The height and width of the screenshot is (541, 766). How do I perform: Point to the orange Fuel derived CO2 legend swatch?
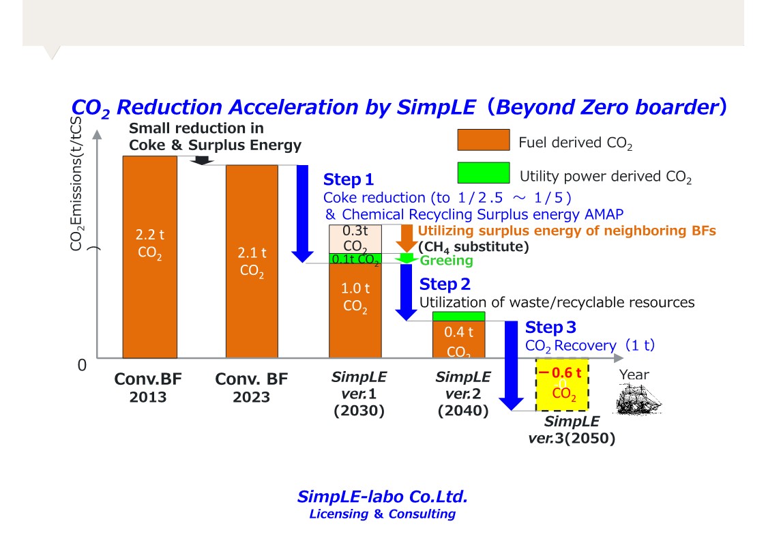pyautogui.click(x=483, y=140)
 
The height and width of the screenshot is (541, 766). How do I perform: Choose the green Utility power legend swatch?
pyautogui.click(x=483, y=173)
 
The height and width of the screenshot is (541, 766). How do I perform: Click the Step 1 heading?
pyautogui.click(x=349, y=179)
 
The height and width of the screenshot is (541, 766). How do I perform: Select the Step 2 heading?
pyautogui.click(x=445, y=284)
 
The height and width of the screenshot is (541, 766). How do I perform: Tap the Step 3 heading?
pyautogui.click(x=550, y=327)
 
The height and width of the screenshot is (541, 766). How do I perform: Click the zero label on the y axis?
pyautogui.click(x=82, y=366)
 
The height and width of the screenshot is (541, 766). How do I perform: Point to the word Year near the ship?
pyautogui.click(x=634, y=375)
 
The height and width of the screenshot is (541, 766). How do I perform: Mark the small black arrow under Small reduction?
pyautogui.click(x=201, y=160)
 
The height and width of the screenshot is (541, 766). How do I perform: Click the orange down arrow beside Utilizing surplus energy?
pyautogui.click(x=406, y=238)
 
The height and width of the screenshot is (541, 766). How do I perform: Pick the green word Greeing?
pyautogui.click(x=446, y=261)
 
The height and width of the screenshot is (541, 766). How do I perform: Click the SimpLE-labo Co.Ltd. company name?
pyautogui.click(x=382, y=496)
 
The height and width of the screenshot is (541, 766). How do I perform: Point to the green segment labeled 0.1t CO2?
pyautogui.click(x=355, y=259)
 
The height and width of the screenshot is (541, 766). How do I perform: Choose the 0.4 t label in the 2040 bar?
pyautogui.click(x=458, y=332)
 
